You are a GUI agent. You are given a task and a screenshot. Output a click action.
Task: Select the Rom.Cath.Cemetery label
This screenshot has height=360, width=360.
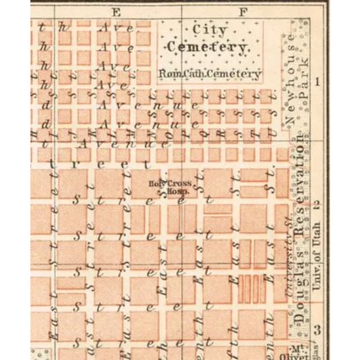click(209, 73)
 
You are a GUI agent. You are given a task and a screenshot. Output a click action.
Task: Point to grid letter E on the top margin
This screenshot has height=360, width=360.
click(116, 11)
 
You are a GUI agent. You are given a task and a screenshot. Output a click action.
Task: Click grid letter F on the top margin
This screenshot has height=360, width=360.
click(243, 11)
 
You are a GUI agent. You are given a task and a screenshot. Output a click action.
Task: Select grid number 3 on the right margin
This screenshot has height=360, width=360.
click(318, 330)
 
